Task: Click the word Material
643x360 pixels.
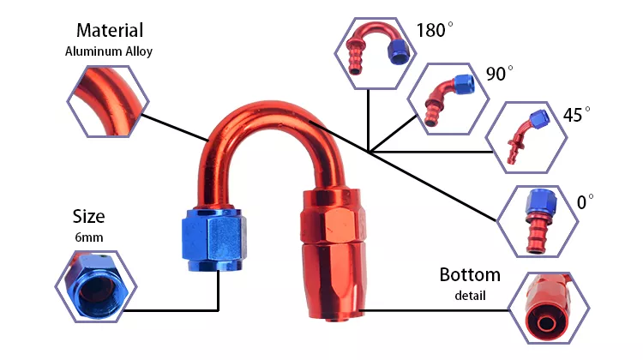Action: pyautogui.click(x=109, y=32)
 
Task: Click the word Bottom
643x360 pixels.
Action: pyautogui.click(x=470, y=275)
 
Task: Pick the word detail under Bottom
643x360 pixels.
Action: pyautogui.click(x=470, y=296)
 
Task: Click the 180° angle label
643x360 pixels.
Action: pyautogui.click(x=434, y=30)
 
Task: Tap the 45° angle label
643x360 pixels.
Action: pyautogui.click(x=576, y=115)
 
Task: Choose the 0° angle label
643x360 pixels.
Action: pyautogui.click(x=586, y=203)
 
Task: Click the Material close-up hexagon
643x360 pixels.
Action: pyautogui.click(x=105, y=101)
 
